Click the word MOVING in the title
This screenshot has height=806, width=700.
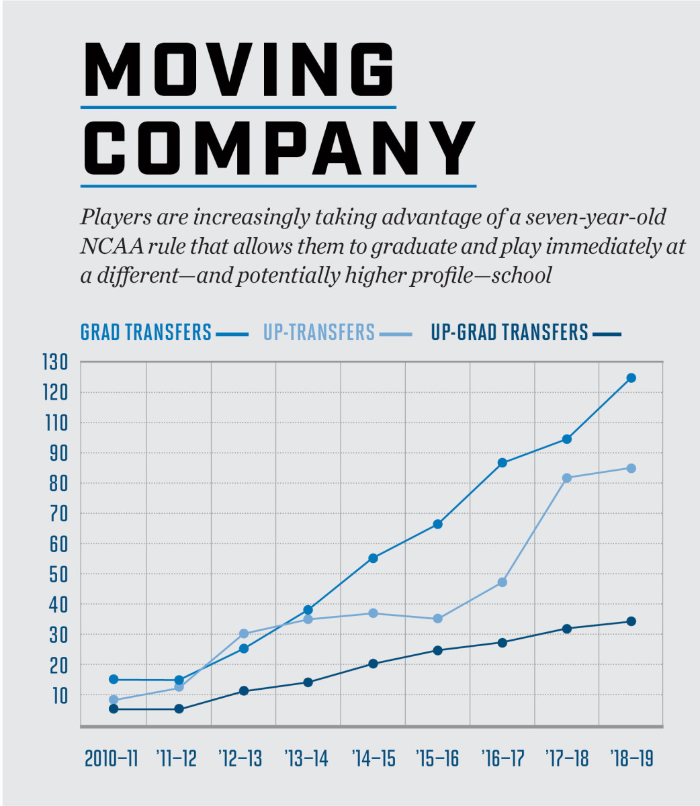(238, 71)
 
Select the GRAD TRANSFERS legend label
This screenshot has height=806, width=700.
(146, 332)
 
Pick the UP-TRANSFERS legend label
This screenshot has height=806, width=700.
(319, 332)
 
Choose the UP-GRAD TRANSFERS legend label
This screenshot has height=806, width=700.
(509, 332)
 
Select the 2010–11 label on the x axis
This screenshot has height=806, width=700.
(112, 759)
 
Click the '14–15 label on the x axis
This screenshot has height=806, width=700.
(374, 759)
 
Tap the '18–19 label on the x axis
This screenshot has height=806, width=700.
(631, 759)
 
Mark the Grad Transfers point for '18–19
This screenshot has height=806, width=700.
(631, 377)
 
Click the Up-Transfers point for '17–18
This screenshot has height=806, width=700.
(566, 478)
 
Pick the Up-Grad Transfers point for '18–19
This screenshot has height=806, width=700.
(631, 621)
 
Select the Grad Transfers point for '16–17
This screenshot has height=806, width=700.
(502, 462)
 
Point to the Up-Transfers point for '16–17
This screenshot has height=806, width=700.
(502, 582)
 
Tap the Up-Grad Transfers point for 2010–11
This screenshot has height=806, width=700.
(114, 709)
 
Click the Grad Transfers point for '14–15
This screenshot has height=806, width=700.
(374, 557)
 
